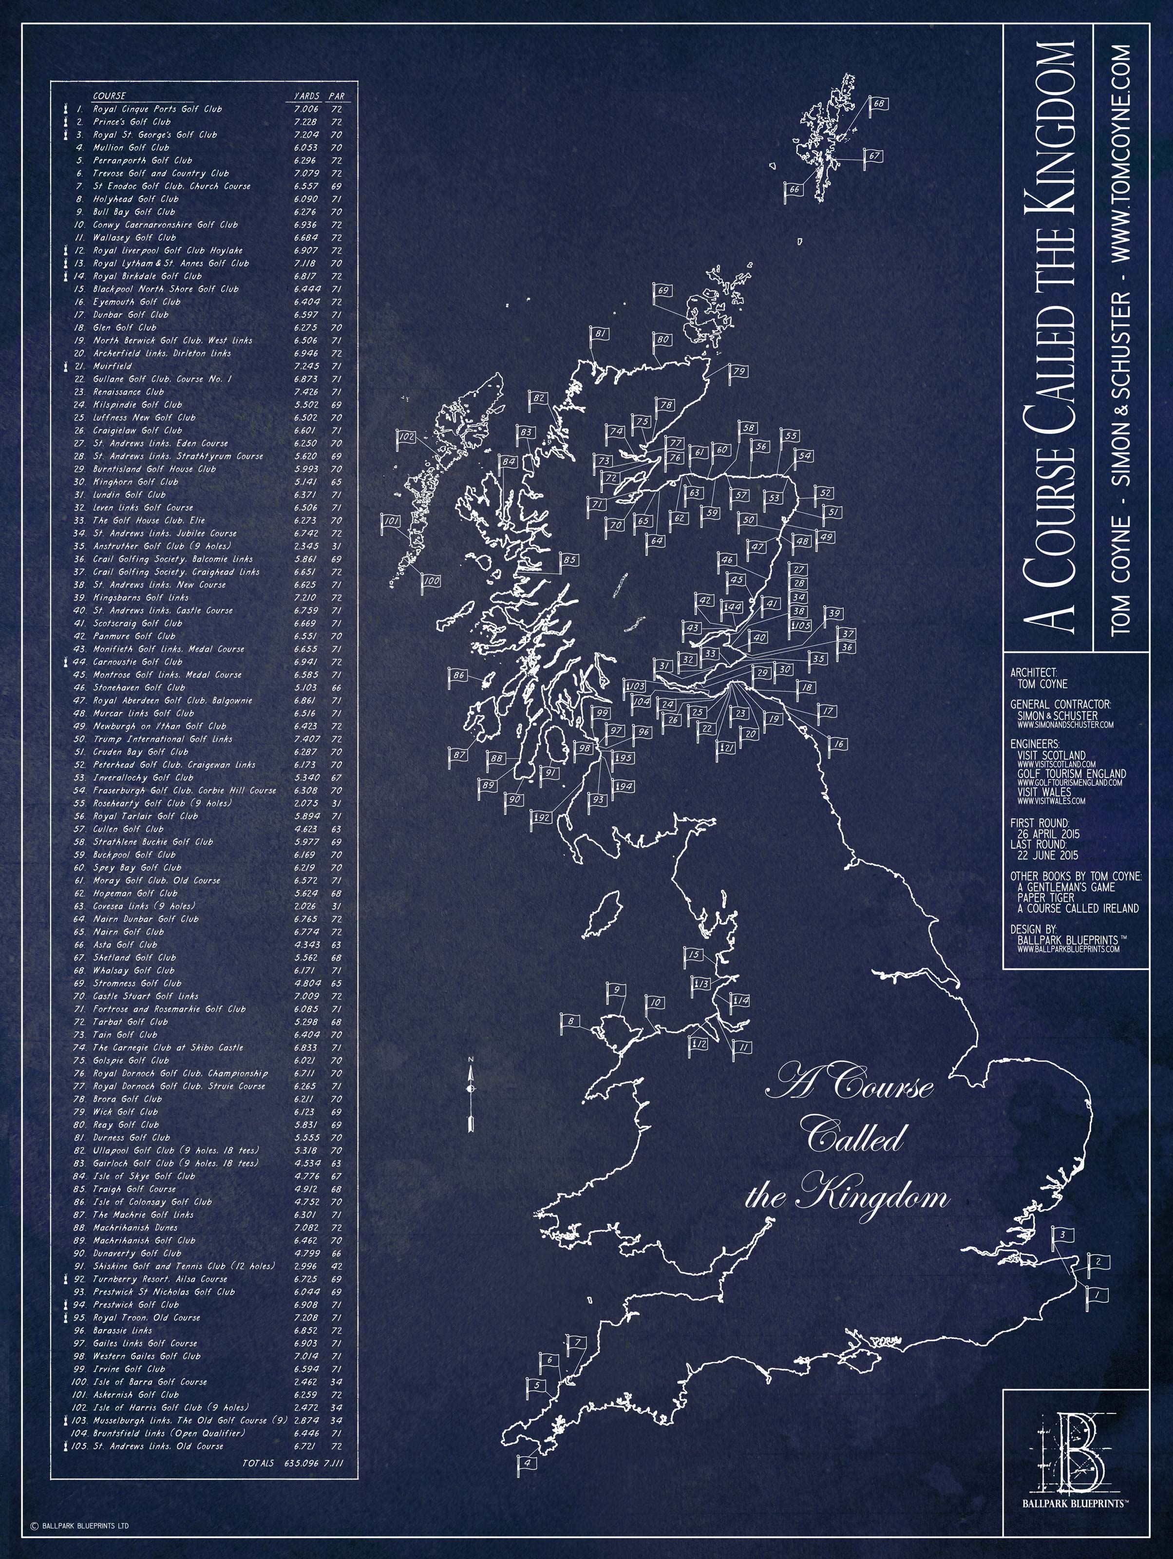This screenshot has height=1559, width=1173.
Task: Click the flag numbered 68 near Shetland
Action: [878, 104]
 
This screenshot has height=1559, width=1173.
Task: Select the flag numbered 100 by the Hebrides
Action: [431, 581]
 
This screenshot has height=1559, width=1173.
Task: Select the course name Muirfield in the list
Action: [112, 366]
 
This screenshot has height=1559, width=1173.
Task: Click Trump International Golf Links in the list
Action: [163, 739]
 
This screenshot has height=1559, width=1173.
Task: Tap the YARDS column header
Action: [306, 96]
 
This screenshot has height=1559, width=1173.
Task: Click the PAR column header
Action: [337, 96]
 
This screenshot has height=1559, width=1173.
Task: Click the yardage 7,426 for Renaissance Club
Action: [306, 392]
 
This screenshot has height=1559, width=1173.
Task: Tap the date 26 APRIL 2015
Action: [1048, 834]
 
